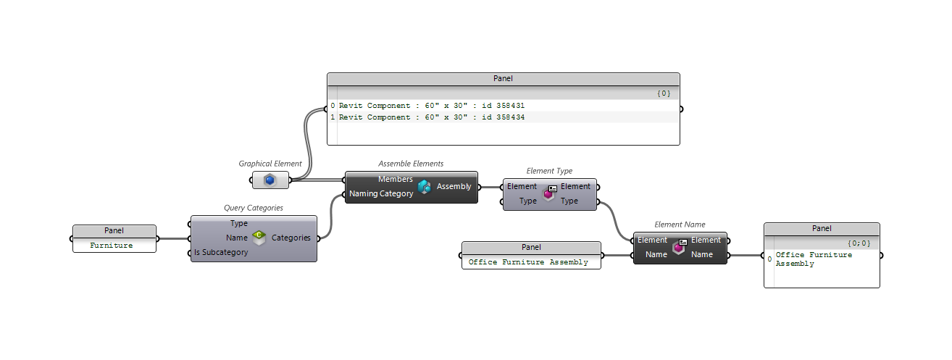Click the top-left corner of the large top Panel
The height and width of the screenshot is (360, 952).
(x=327, y=73)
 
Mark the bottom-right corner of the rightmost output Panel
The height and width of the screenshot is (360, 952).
(x=880, y=288)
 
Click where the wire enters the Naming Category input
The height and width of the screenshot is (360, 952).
(x=344, y=195)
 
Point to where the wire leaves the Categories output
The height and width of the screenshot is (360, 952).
(x=318, y=238)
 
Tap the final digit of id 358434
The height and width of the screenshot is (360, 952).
(x=522, y=117)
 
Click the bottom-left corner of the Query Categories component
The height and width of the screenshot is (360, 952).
(x=191, y=261)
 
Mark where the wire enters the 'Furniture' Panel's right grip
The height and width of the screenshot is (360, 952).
(x=157, y=238)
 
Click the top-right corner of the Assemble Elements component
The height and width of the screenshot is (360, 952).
(x=477, y=172)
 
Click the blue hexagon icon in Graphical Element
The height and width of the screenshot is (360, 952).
(x=270, y=180)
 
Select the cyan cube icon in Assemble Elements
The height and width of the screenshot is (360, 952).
(x=424, y=187)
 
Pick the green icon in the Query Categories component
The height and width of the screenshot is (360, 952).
(x=259, y=237)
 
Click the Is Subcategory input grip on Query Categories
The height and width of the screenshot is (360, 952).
(x=190, y=254)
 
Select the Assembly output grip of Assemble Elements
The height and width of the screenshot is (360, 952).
(x=479, y=187)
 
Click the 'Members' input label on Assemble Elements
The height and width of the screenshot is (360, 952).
(x=396, y=180)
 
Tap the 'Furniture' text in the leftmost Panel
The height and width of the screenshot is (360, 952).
(x=112, y=246)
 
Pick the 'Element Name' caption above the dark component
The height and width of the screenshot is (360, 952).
(x=680, y=225)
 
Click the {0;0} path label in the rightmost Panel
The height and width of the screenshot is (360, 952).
(x=859, y=243)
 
